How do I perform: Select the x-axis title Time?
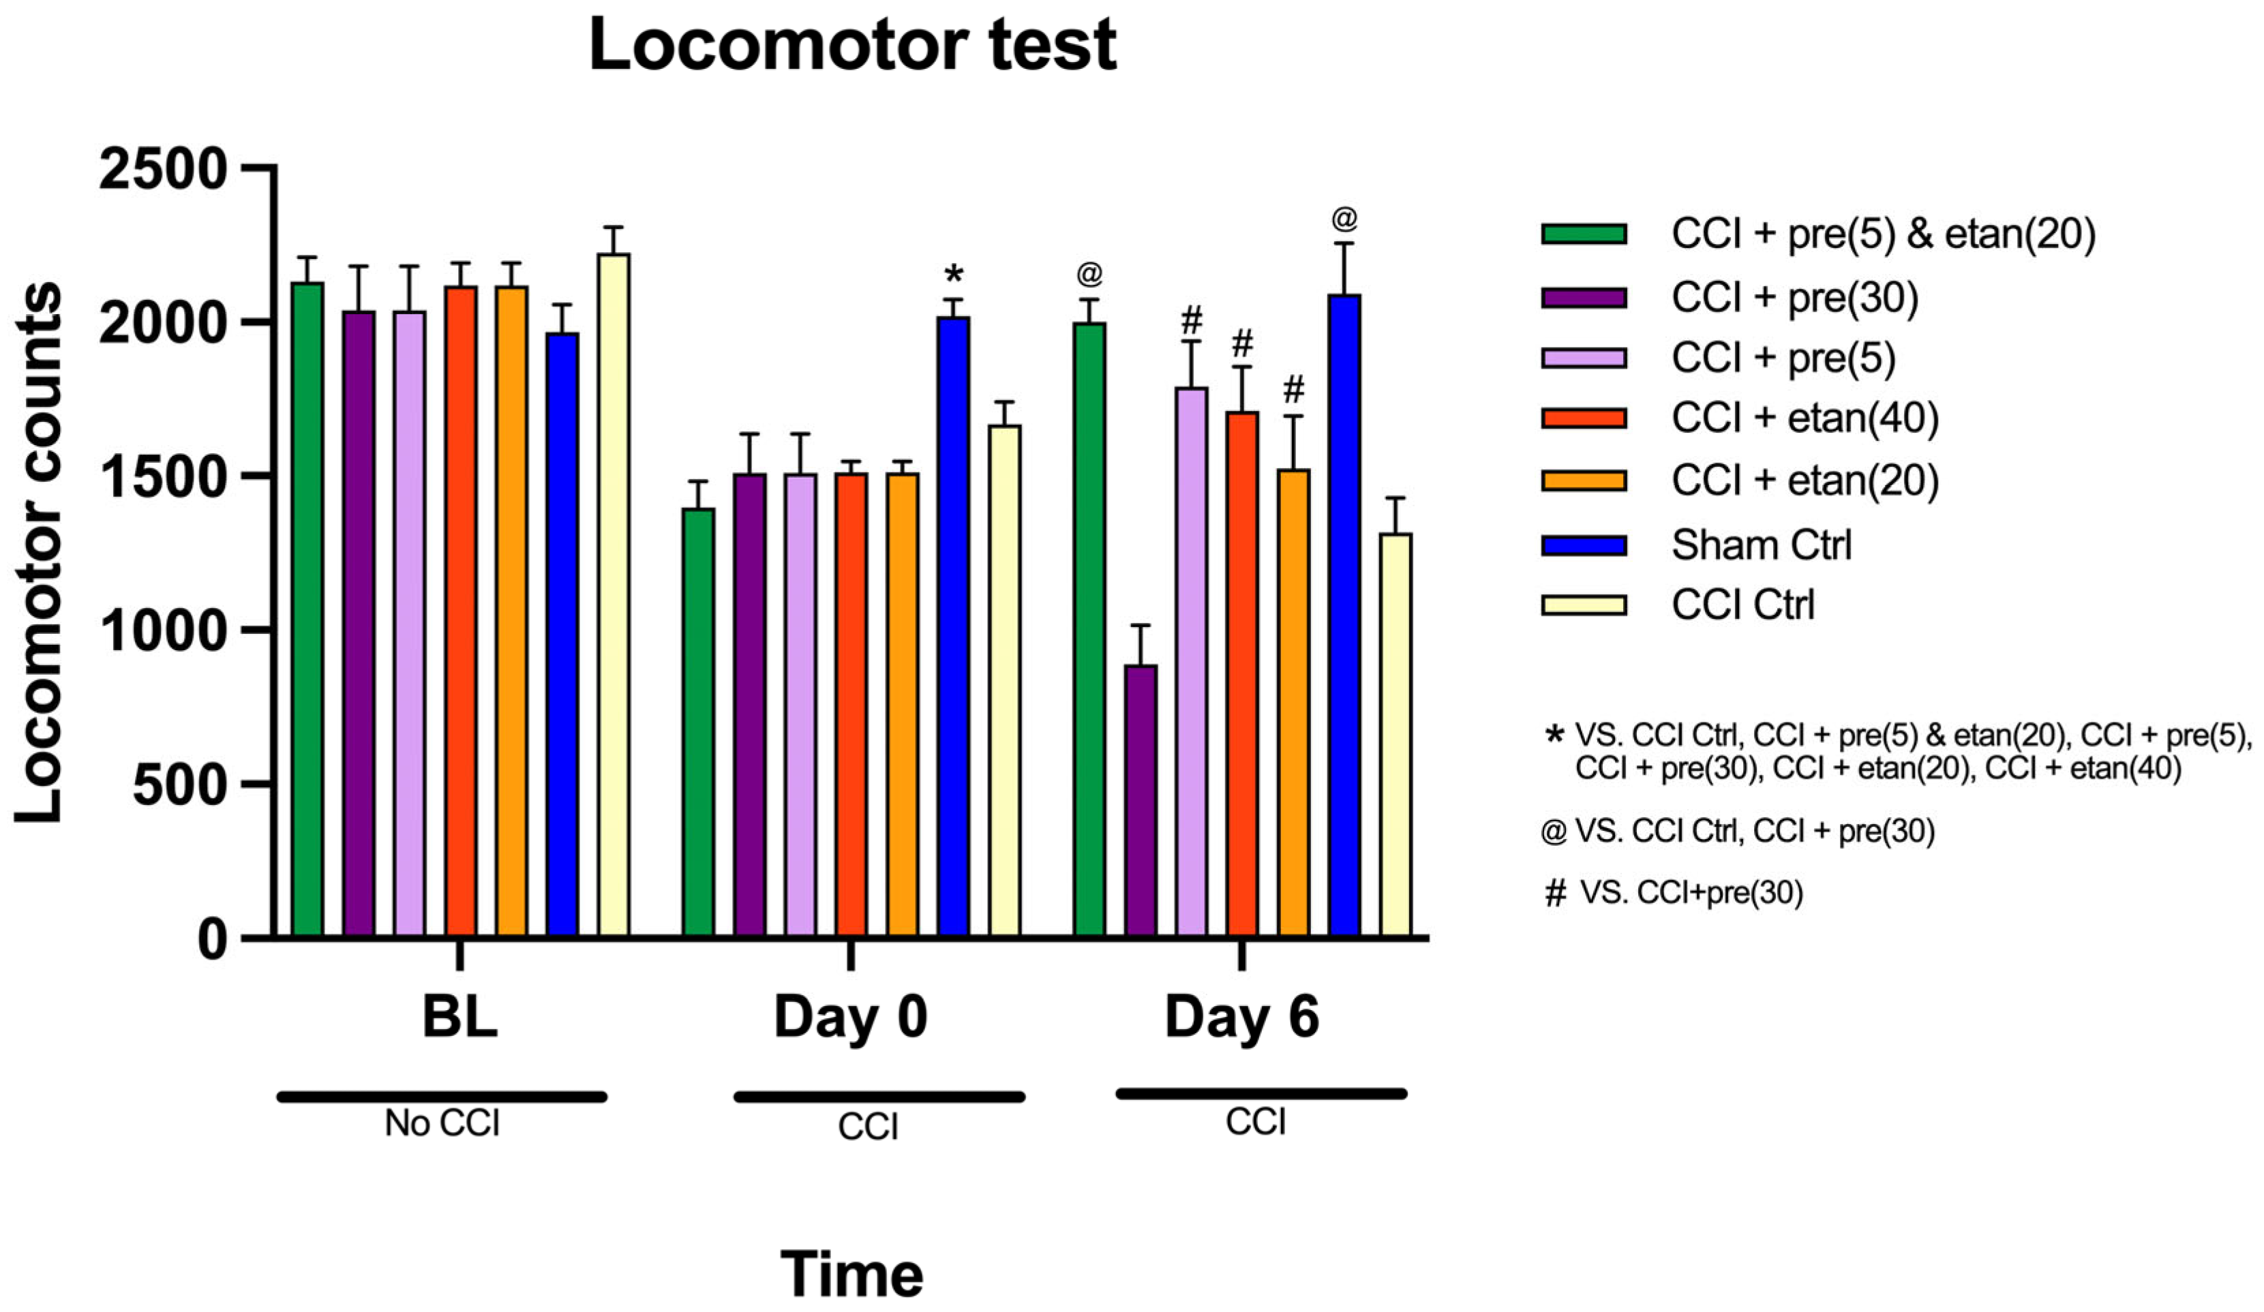point(851,1275)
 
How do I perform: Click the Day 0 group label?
point(850,1017)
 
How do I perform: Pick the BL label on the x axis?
point(459,1017)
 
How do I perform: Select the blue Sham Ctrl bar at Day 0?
point(953,628)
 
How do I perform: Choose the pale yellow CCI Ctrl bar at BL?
point(614,593)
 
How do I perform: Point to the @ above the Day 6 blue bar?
point(1344,218)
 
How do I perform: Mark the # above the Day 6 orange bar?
point(1293,390)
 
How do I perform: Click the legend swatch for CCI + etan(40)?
point(1583,418)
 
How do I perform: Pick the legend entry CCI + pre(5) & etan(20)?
point(1882,234)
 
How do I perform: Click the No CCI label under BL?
point(442,1123)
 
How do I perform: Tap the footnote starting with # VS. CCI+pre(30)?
point(1673,893)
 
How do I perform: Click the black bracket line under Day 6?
point(1261,1093)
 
